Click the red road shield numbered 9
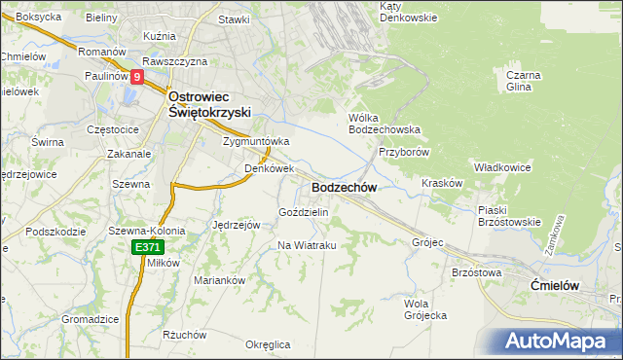point(136,77)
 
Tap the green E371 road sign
point(147,249)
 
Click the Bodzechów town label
point(344,187)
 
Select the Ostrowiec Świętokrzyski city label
point(211,104)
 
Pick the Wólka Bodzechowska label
point(384,124)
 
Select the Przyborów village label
point(403,152)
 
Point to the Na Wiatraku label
point(307,245)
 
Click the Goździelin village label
point(304,211)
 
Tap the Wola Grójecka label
point(424,308)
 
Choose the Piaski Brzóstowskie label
point(509,215)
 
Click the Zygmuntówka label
point(256,140)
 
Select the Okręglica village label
point(268,344)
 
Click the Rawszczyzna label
point(175,60)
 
